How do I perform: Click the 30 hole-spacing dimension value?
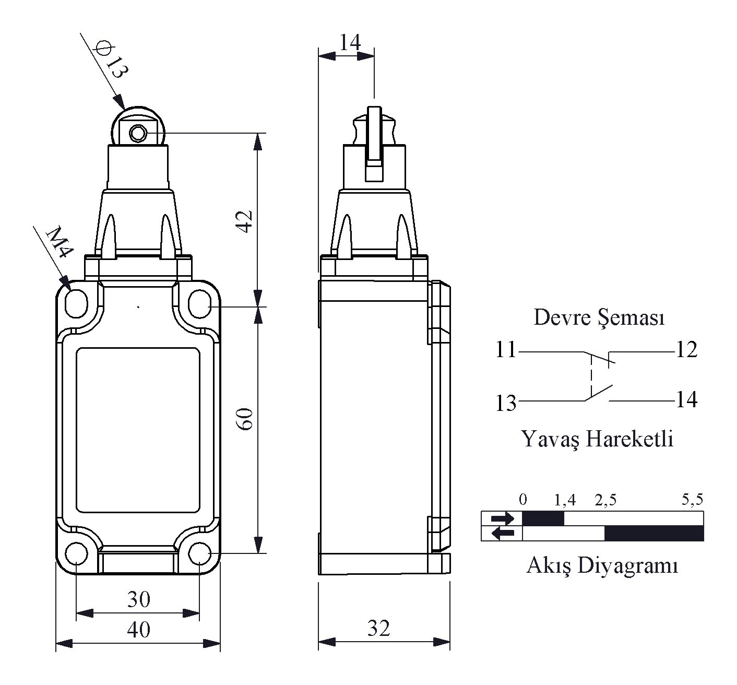[x=139, y=599]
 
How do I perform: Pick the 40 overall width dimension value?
[x=139, y=629]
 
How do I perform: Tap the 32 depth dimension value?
[x=379, y=628]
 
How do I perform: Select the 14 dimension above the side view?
[x=350, y=42]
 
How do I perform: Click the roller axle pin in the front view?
[x=138, y=133]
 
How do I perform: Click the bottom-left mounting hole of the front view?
[x=76, y=553]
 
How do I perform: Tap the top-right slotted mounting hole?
[x=200, y=304]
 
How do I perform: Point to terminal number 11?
[x=506, y=350]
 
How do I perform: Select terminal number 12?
[x=687, y=350]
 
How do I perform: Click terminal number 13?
[x=506, y=403]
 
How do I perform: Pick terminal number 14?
[x=687, y=400]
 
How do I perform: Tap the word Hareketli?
[x=629, y=439]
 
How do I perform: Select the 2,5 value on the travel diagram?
[x=605, y=501]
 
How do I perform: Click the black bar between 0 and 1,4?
[x=543, y=518]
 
